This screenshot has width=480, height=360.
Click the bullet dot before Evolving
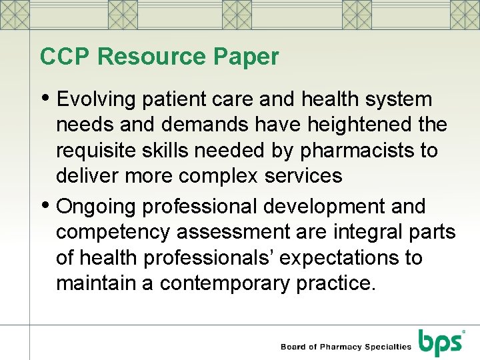(x=45, y=98)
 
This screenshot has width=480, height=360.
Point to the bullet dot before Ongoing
(x=45, y=205)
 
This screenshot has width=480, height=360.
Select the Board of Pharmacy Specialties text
(x=345, y=346)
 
